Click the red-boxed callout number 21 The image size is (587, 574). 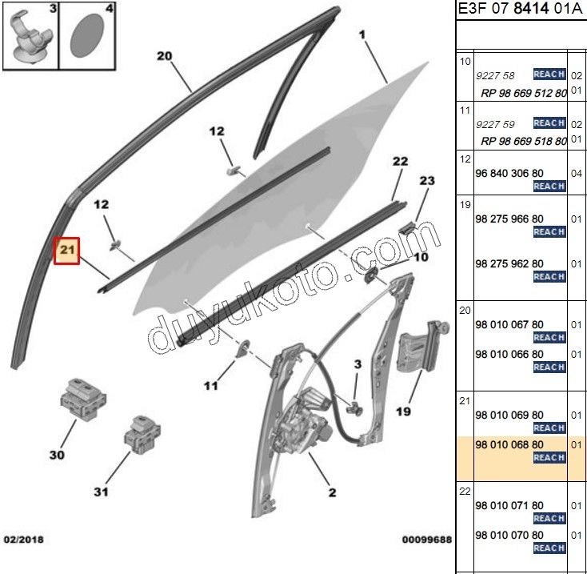point(66,251)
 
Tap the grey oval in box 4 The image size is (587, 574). point(87,36)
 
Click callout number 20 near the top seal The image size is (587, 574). point(165,56)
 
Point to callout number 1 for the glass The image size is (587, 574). point(361,35)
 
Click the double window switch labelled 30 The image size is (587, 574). point(83,399)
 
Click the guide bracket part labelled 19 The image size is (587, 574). point(422,347)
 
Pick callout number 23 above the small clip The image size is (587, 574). point(427,181)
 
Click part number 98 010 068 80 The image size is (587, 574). point(509,445)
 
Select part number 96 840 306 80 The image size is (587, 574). point(509,173)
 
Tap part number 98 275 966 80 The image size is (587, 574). point(509,219)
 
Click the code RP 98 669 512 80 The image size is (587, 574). point(524,93)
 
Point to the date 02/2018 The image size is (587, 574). point(23,540)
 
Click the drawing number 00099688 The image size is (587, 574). point(427,540)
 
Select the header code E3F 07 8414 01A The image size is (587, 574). point(521,8)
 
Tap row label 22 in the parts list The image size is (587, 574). point(465,492)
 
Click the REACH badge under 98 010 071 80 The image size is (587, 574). point(549,519)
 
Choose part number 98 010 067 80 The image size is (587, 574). point(509,324)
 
